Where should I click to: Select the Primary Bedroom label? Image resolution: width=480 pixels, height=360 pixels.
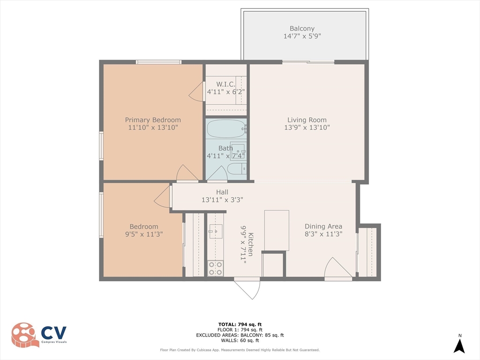point(152,120)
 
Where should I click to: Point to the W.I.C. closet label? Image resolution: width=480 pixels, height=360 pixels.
point(226,84)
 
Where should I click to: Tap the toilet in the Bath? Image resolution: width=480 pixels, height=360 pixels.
point(234,169)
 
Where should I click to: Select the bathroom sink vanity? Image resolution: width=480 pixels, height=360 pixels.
point(238,151)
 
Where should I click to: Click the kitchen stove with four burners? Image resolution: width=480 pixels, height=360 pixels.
point(216,268)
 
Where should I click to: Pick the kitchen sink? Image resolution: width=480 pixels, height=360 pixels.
point(216,231)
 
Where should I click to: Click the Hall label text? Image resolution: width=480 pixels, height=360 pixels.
point(222,192)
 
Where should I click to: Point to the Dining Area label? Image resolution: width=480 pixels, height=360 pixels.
point(323,226)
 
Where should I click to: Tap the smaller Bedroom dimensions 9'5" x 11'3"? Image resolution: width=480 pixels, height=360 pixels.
point(144,234)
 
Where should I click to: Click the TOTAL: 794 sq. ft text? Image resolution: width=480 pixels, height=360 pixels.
point(240,324)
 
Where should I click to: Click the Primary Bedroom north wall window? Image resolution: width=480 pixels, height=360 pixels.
point(158,62)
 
